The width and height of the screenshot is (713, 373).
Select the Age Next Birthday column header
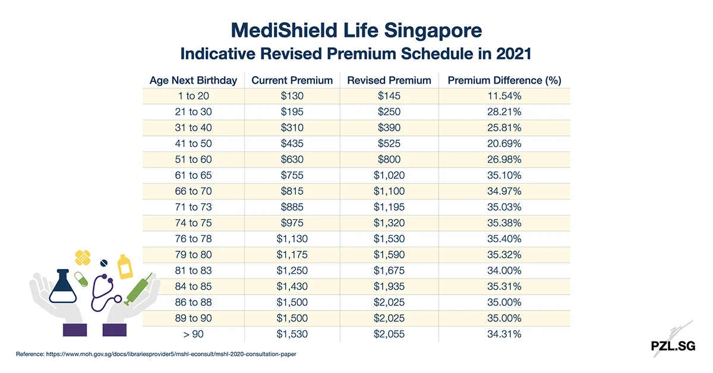point(193,80)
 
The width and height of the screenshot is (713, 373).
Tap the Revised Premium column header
point(389,80)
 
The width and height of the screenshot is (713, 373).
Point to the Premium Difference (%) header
point(504,80)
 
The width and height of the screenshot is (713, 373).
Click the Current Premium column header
point(292,80)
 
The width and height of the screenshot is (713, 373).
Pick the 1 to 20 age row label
point(193,96)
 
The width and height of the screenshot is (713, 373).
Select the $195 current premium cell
point(292,112)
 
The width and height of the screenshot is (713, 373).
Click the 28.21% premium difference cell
point(504,112)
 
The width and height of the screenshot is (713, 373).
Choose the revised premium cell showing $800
point(389,159)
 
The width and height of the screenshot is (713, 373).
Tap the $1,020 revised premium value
point(389,175)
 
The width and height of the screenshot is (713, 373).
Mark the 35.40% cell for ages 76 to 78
point(504,239)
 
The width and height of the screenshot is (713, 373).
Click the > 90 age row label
point(193,334)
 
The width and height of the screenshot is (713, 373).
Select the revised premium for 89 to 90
point(389,318)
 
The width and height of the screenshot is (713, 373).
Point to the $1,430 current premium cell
point(292,286)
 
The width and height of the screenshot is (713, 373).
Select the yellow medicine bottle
point(125,267)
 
